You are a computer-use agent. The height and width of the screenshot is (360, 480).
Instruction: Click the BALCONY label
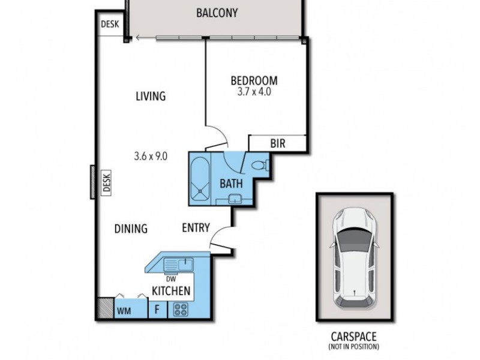coord(217,13)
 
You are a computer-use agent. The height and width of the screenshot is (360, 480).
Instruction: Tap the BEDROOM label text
coord(254,80)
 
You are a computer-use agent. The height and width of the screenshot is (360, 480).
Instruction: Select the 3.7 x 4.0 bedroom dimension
coord(254,92)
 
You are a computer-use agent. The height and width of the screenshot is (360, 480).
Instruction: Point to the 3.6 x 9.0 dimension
coord(150,156)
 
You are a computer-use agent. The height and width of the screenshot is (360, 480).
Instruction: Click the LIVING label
coord(150,96)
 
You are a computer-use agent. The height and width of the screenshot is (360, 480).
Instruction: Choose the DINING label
coord(131,228)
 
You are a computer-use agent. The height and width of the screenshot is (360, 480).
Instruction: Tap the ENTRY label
coord(196,227)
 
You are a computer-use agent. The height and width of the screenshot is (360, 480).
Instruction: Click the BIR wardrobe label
coord(277,143)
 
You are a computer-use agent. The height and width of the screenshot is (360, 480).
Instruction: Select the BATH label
coord(230,183)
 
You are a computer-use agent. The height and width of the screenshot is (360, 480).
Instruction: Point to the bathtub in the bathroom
coord(199,177)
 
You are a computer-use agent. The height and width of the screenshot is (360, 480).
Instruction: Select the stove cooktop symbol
coord(181,310)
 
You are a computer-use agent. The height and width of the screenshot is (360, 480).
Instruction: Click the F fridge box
coord(157,310)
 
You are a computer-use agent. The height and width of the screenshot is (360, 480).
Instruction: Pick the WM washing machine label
coord(124,311)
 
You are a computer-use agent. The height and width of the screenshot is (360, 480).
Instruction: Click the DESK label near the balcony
coord(110,23)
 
